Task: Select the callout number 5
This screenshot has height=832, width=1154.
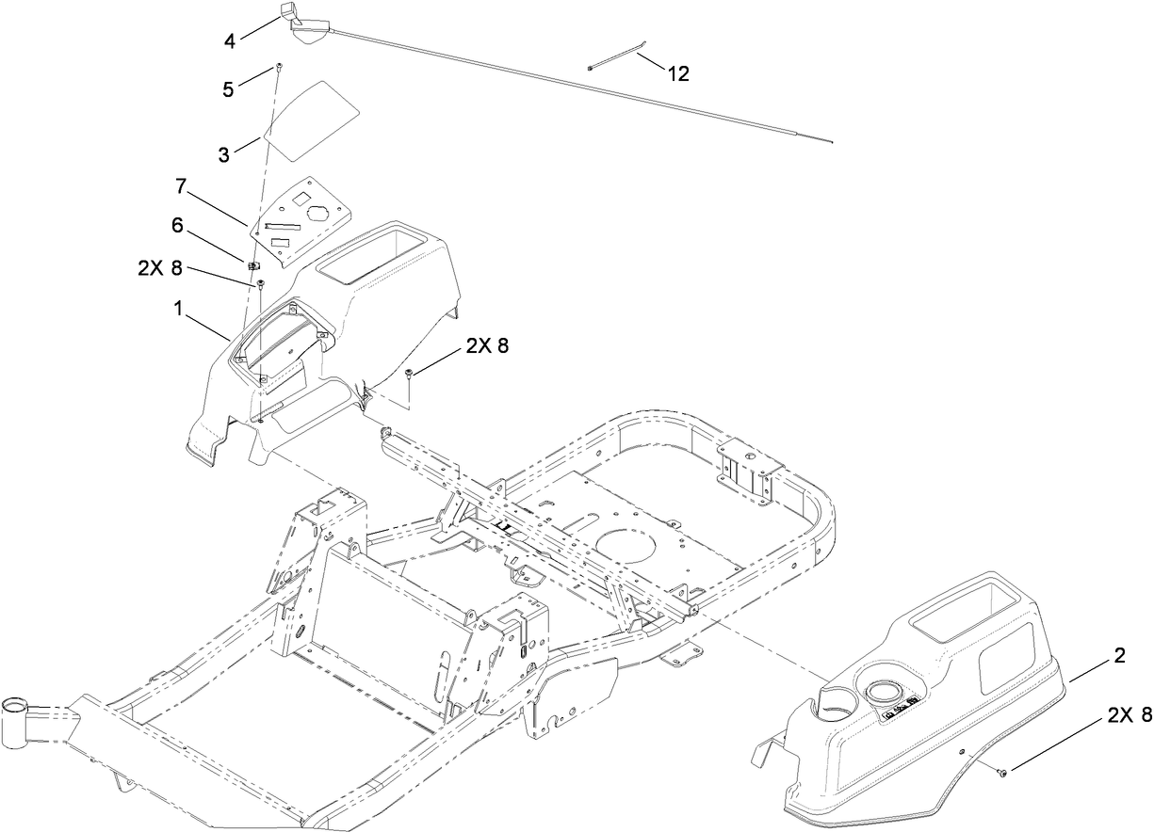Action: click(x=228, y=90)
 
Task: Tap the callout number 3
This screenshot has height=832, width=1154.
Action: click(x=223, y=155)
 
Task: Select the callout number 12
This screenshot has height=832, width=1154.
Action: click(x=678, y=73)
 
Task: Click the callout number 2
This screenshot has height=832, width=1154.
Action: click(x=1119, y=656)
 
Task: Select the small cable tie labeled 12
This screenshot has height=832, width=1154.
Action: click(x=617, y=56)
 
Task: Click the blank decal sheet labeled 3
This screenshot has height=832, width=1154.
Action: click(x=311, y=113)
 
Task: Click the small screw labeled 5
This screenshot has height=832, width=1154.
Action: click(x=279, y=67)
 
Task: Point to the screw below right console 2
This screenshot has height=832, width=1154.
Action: click(x=1002, y=773)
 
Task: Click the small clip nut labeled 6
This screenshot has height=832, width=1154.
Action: click(x=252, y=266)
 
